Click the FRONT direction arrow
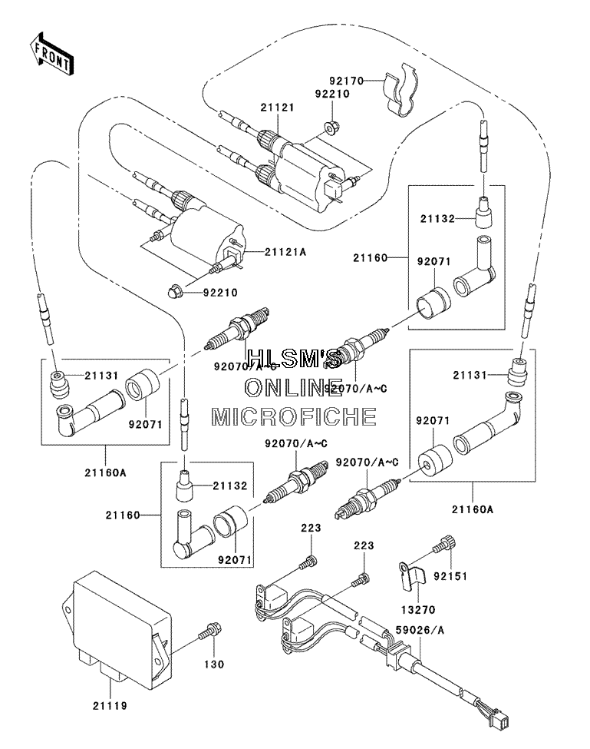tap(51, 54)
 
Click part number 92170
tap(347, 81)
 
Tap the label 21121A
tap(285, 252)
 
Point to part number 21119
tap(110, 705)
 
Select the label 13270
tap(418, 609)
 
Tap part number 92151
tap(450, 575)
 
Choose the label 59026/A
tap(420, 630)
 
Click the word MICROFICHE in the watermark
tap(294, 416)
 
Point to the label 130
tap(214, 664)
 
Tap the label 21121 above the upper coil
tap(277, 108)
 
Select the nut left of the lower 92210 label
tap(175, 290)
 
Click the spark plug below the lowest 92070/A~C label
tap(366, 501)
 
